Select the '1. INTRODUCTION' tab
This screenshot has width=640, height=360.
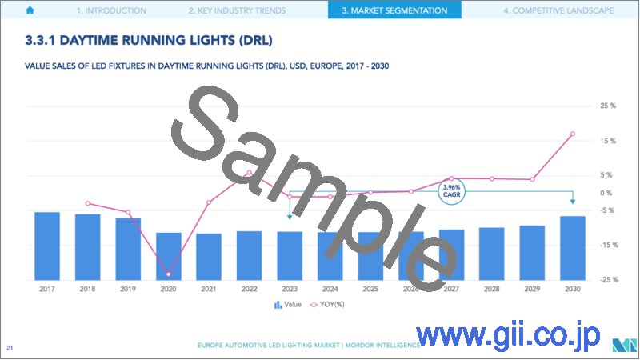click(110, 11)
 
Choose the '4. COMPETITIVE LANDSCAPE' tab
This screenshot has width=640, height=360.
click(558, 11)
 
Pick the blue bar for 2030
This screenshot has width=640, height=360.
click(572, 248)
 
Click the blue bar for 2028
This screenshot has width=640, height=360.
click(491, 254)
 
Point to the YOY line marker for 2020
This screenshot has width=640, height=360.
click(168, 274)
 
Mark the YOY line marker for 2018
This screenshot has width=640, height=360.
click(88, 203)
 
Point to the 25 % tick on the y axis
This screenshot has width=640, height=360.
click(607, 106)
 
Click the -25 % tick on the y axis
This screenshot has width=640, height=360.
click(607, 279)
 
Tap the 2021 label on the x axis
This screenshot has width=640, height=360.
click(209, 289)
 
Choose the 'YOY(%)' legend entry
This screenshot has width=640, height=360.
click(330, 305)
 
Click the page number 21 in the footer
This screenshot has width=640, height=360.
click(10, 346)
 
